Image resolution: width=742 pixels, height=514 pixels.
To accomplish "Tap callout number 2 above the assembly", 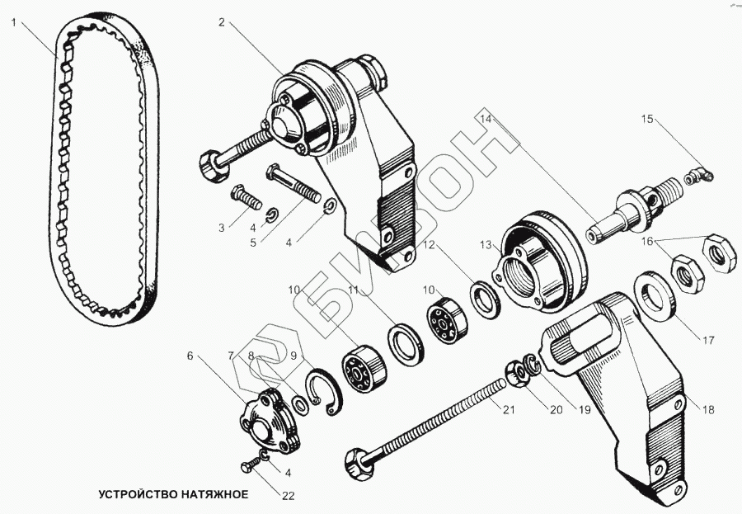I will click(222, 22).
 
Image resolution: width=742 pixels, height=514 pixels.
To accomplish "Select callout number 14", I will click(486, 119).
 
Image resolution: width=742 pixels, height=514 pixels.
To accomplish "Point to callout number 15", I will click(648, 120).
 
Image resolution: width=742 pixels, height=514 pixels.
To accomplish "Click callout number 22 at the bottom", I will click(288, 496).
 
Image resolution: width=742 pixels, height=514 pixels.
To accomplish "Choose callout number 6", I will click(190, 356).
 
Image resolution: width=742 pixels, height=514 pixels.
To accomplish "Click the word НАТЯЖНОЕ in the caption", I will click(210, 494).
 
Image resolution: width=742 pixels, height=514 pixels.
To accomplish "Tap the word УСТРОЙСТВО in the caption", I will click(134, 494).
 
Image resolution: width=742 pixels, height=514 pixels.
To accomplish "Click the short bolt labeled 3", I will click(245, 198).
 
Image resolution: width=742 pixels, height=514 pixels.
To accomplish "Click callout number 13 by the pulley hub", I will click(486, 244).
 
